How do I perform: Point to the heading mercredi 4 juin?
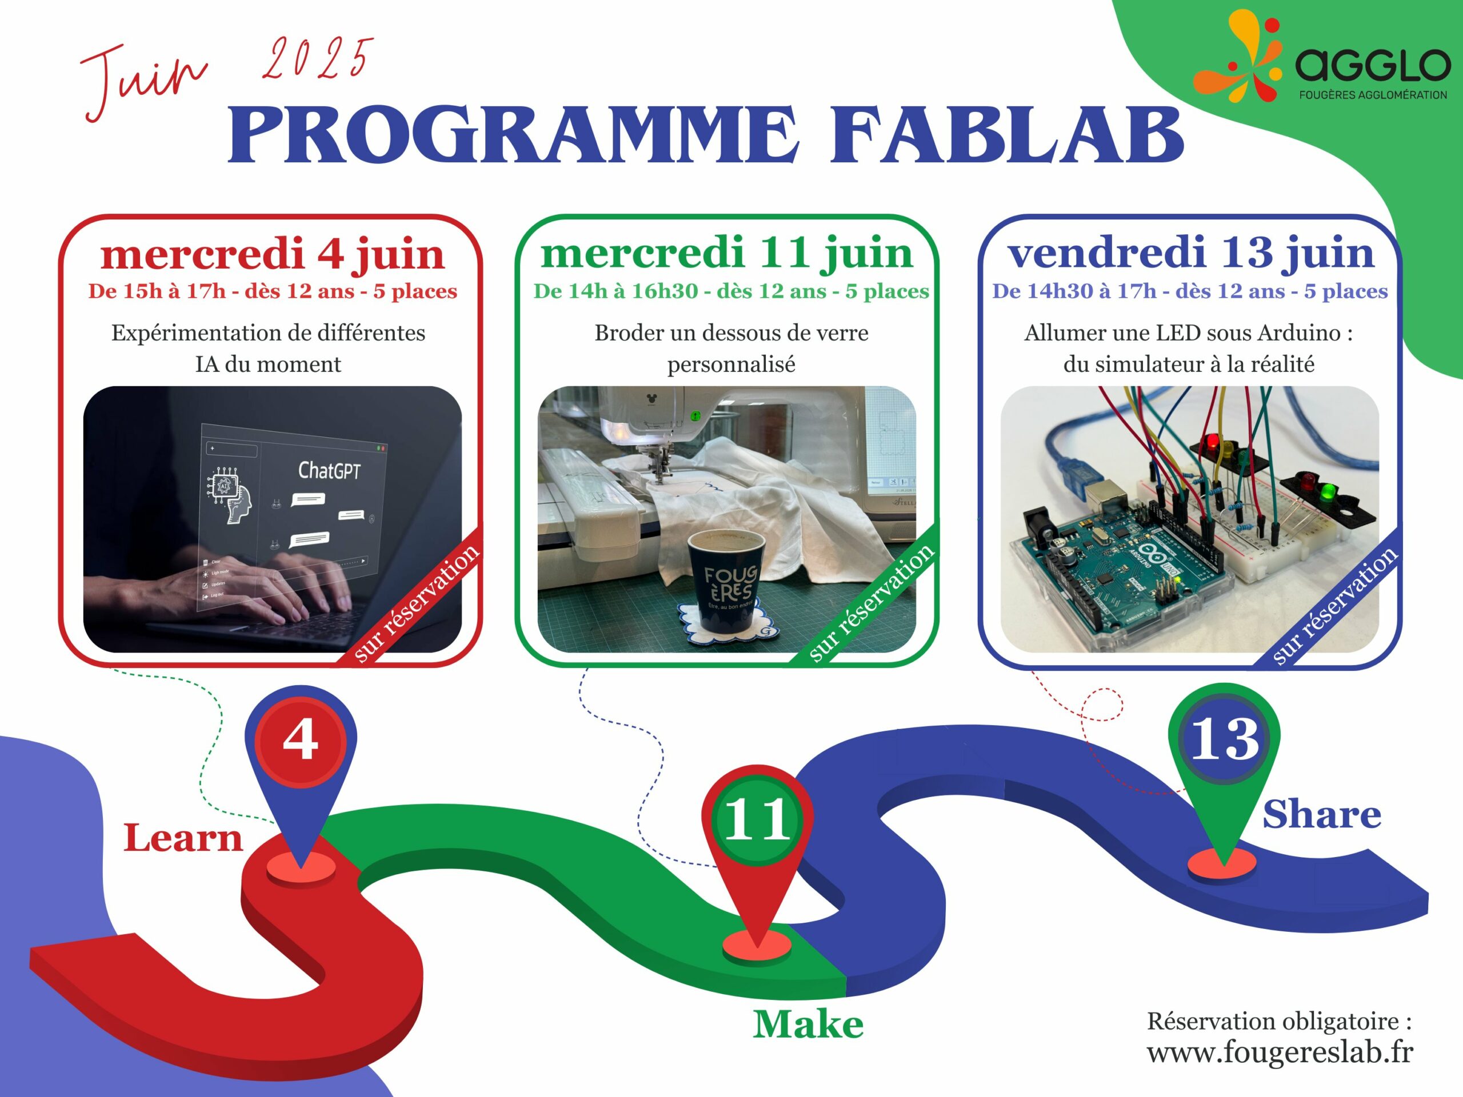272,254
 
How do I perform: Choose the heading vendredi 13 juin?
1190,253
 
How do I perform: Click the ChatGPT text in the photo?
329,470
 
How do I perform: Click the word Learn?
183,838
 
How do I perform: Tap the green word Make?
808,1024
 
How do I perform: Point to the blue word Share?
1321,814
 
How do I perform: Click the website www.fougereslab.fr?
1280,1052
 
